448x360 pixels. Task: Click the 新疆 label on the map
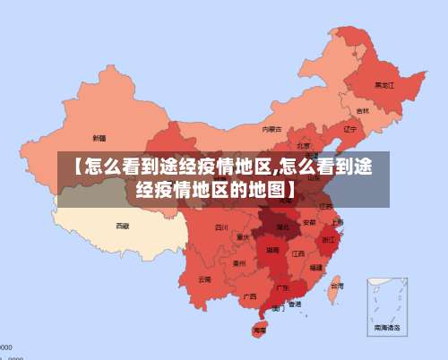99,138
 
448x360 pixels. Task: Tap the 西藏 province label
122,226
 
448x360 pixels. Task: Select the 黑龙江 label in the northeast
383,85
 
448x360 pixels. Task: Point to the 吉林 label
362,111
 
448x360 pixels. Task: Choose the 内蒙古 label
271,129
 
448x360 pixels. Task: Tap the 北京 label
304,145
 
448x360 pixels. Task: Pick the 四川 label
221,227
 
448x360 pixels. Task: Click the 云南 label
205,279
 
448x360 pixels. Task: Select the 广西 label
250,296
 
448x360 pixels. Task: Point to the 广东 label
282,287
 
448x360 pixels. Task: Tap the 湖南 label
272,253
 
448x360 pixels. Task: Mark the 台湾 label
336,287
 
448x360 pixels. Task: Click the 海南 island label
260,330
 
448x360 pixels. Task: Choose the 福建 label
316,267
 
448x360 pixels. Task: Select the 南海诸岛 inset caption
388,330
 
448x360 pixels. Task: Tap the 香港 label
295,304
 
